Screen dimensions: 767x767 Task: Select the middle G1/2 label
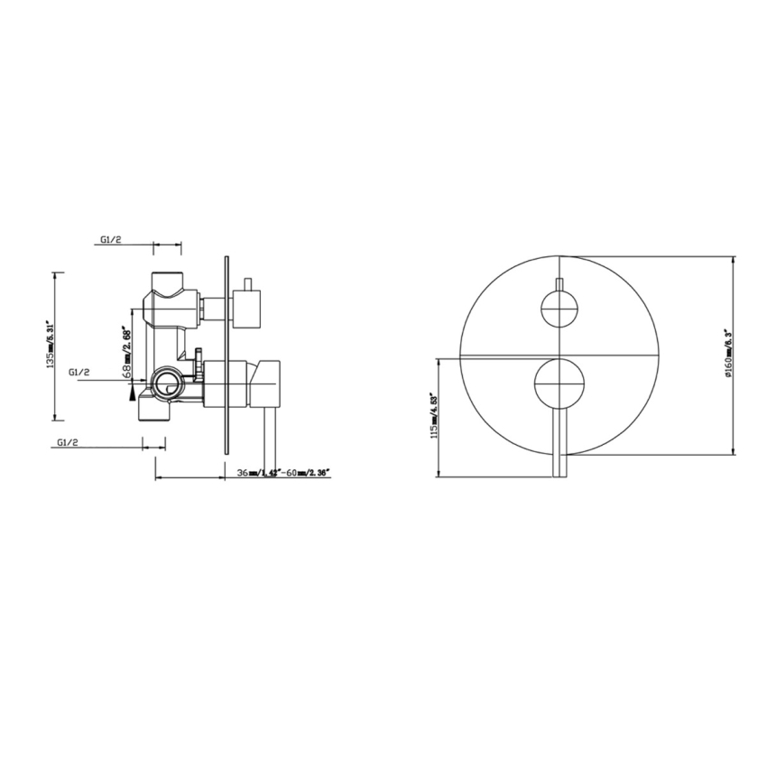[x=79, y=371]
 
